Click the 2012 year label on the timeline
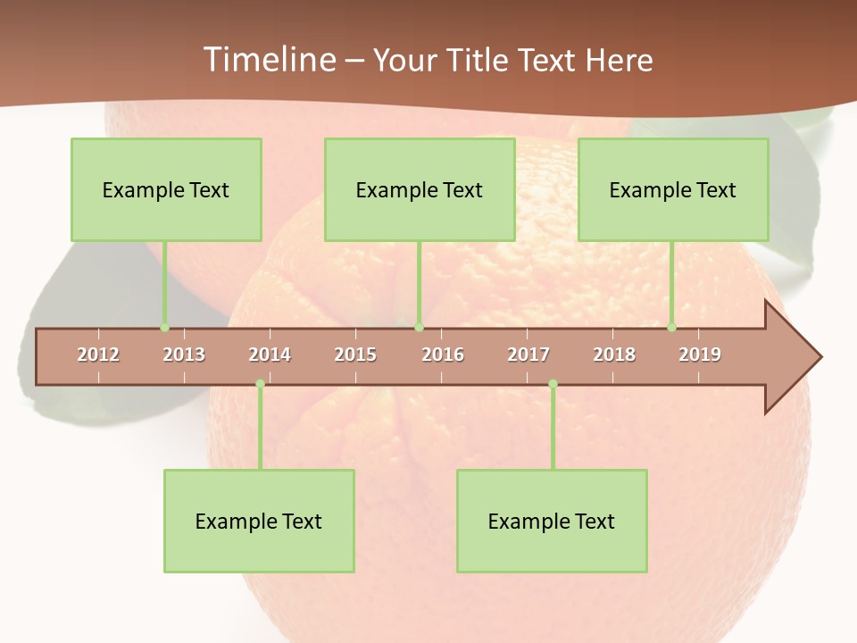98,355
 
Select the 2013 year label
184,355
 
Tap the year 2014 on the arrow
270,355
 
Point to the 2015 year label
355,355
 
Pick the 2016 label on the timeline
443,355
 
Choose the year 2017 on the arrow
528,355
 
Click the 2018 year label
614,355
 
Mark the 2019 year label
700,355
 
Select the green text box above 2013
166,189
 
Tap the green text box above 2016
420,189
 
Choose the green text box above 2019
673,189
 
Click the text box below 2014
259,521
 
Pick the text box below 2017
552,521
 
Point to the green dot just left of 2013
164,328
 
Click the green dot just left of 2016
419,328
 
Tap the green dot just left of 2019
671,328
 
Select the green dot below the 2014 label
260,383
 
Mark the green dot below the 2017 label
553,383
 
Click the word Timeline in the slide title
269,60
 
